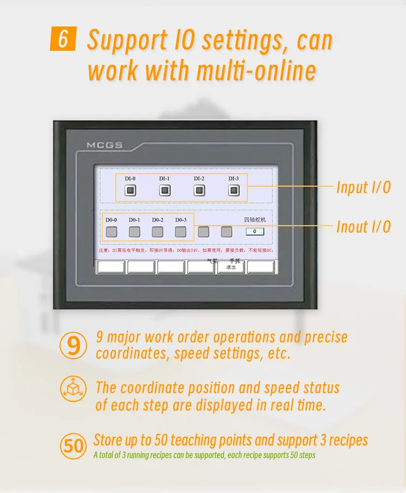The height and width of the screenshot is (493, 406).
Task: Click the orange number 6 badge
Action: (62, 40)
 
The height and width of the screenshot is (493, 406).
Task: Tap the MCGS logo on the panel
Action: (104, 146)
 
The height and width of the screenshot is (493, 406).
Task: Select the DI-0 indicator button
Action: (130, 190)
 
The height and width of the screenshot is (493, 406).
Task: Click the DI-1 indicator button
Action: (165, 190)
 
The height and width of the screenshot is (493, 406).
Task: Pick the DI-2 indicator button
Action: (199, 190)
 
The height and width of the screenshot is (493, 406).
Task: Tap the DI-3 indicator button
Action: (233, 190)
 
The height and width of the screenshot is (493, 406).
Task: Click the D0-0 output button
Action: (112, 232)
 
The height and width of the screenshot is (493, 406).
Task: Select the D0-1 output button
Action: (134, 232)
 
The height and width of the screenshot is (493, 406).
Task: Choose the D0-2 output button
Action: (158, 232)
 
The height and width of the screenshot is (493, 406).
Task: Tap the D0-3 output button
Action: (181, 232)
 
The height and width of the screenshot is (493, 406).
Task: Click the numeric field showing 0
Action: (254, 232)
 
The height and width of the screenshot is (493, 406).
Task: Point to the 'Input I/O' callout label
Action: (363, 188)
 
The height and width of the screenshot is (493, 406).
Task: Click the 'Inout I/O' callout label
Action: (363, 227)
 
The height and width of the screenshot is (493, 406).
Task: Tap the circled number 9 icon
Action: (73, 345)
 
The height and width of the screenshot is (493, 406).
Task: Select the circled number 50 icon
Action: (73, 445)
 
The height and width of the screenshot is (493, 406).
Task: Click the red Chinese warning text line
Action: (186, 251)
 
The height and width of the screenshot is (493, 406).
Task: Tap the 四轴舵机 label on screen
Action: (254, 220)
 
